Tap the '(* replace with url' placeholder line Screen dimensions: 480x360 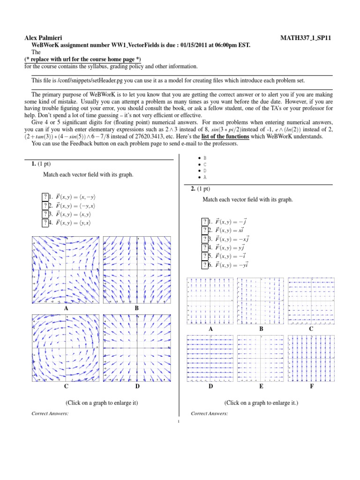82,60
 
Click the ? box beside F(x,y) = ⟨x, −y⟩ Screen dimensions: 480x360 45,197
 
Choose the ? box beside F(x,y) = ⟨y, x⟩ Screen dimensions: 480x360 45,223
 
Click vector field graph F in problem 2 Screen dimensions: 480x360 312,359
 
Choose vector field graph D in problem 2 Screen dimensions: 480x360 210,359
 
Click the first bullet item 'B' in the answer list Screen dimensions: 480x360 204,158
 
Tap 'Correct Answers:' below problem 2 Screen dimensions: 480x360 210,413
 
